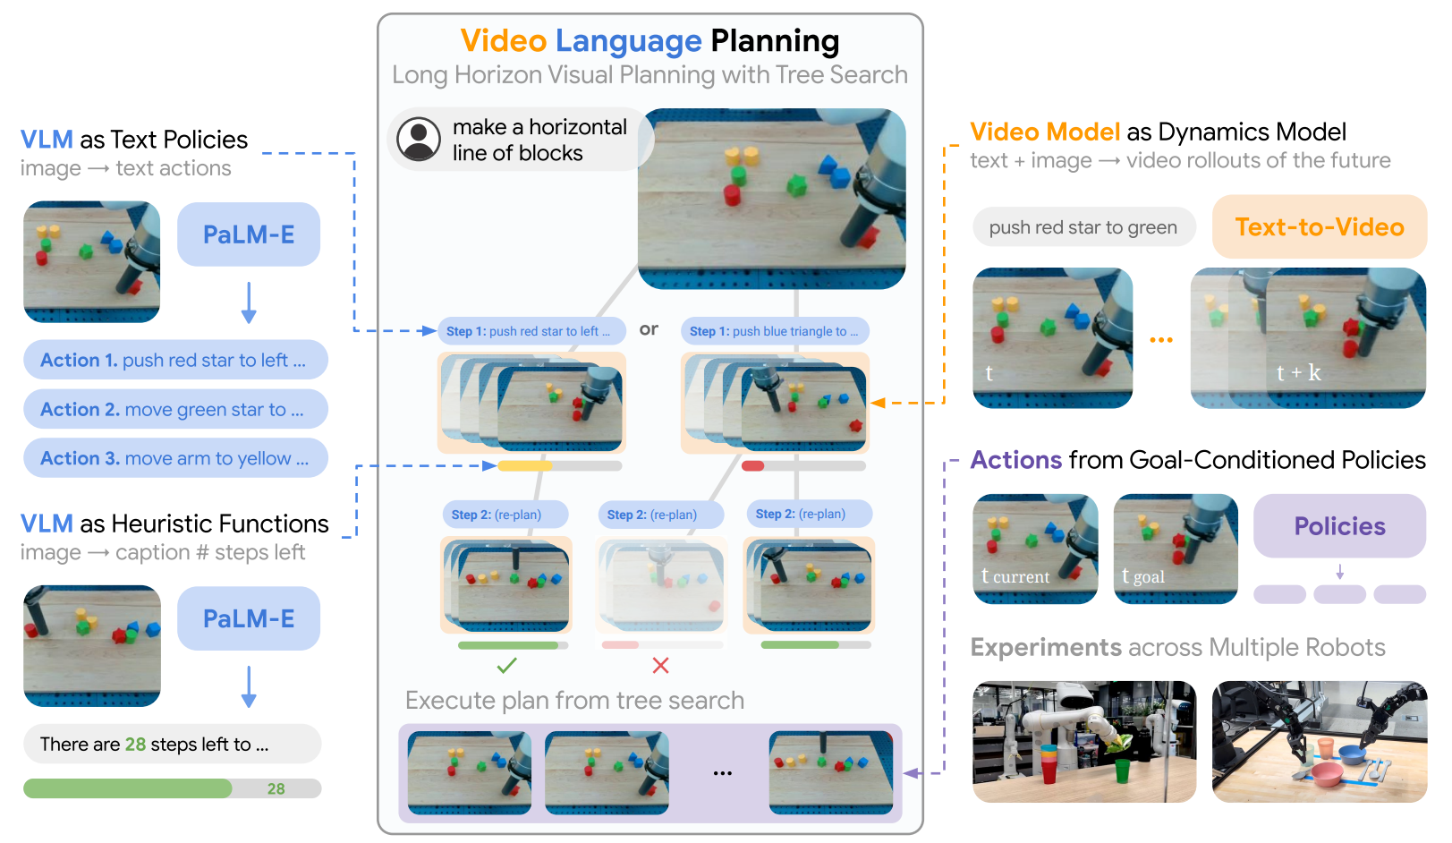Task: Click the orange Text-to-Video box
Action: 1319,227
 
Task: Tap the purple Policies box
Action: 1339,526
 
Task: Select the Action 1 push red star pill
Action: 175,360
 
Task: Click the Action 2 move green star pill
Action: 175,409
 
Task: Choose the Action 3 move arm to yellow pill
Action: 175,458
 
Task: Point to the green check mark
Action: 506,665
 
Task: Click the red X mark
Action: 660,665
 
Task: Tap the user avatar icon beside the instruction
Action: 419,140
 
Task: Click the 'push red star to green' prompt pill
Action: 1083,227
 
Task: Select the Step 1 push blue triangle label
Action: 775,331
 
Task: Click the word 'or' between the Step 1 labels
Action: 649,329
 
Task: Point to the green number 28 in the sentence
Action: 135,745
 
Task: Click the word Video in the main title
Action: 504,41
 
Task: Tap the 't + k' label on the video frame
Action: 1298,372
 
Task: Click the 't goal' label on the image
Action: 1143,576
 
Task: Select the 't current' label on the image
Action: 1015,576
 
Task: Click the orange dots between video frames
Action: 1161,340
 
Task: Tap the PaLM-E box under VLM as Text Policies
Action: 249,234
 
